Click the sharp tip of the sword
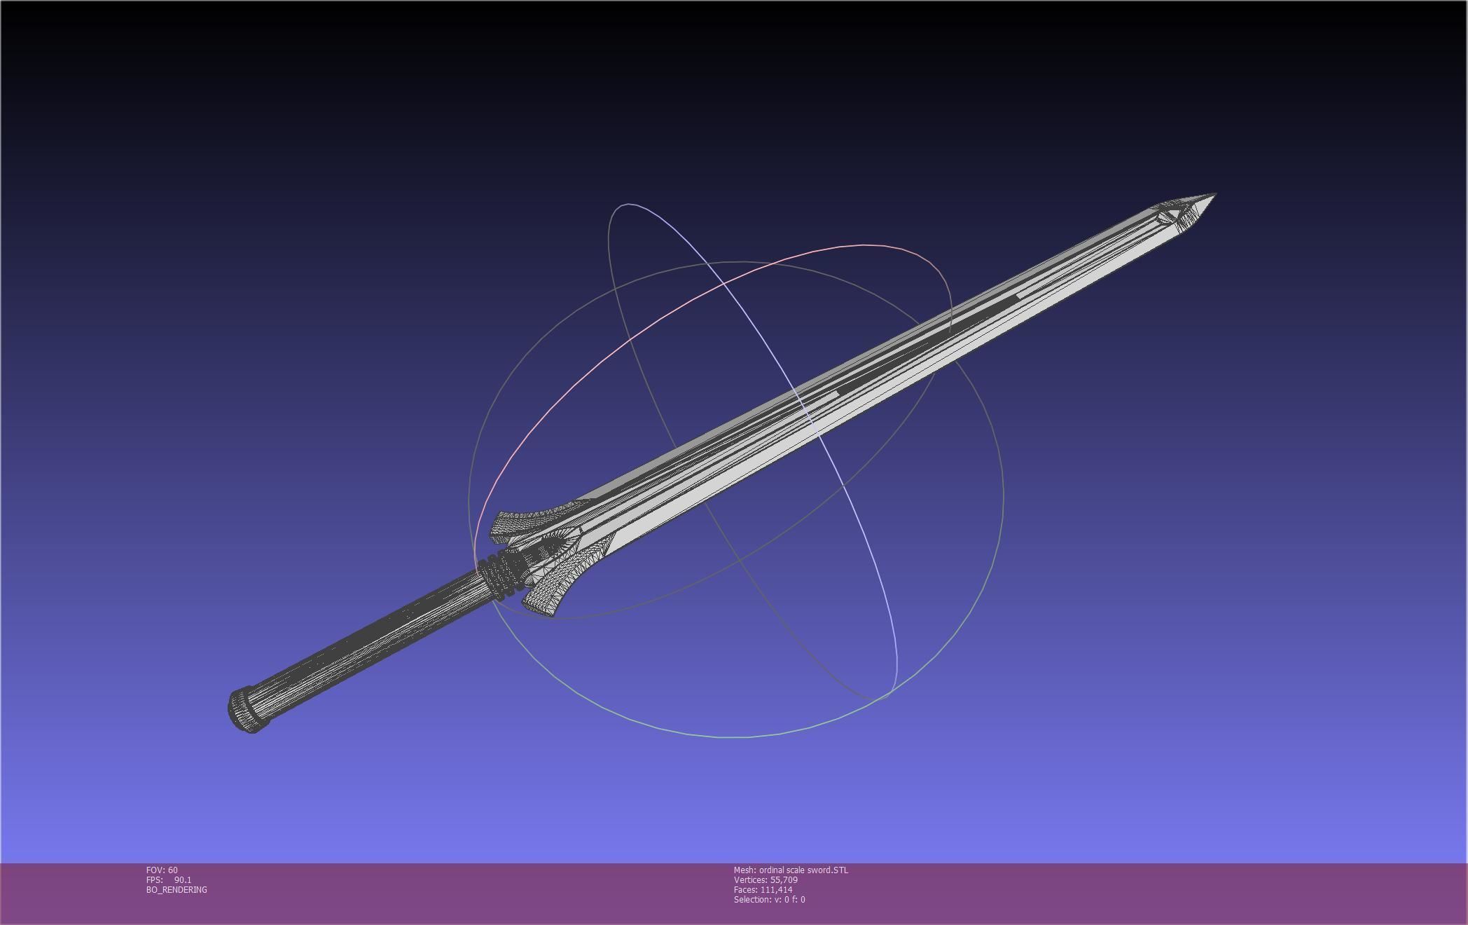[1214, 195]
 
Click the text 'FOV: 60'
[162, 870]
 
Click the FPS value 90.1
[183, 880]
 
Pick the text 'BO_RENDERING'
[176, 890]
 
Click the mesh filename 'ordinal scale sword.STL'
[803, 870]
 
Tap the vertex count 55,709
[784, 880]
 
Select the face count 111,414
[776, 890]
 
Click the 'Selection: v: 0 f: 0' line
[769, 900]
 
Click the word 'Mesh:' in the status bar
[745, 870]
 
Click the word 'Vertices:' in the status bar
[750, 880]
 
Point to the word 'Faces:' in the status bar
[745, 890]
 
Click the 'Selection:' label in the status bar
[752, 900]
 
